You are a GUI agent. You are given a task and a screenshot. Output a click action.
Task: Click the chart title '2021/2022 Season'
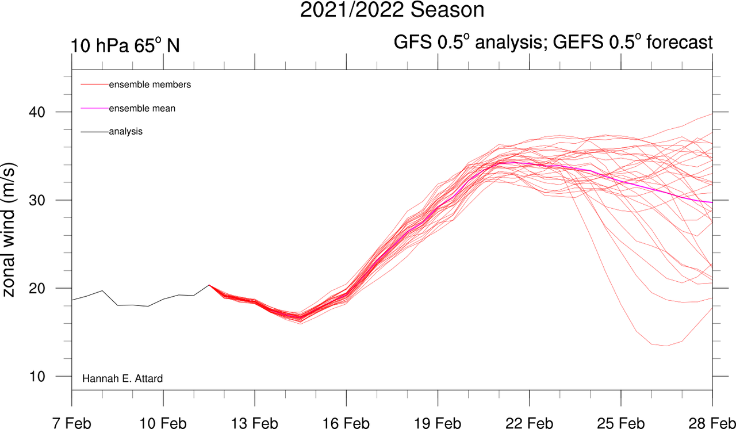392,10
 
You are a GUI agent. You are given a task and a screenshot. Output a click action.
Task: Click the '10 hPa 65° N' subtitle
125,45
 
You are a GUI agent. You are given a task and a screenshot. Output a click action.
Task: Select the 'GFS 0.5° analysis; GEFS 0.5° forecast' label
553,43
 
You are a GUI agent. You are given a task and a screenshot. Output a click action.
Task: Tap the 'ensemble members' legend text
150,85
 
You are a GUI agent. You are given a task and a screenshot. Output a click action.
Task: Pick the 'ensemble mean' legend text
142,108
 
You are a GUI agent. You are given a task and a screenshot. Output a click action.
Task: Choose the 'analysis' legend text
126,132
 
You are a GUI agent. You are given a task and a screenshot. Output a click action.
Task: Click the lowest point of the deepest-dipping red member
666,346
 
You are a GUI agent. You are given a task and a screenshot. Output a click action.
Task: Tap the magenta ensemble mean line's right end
712,202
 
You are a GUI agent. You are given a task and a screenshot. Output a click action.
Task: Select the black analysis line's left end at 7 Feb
72,300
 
